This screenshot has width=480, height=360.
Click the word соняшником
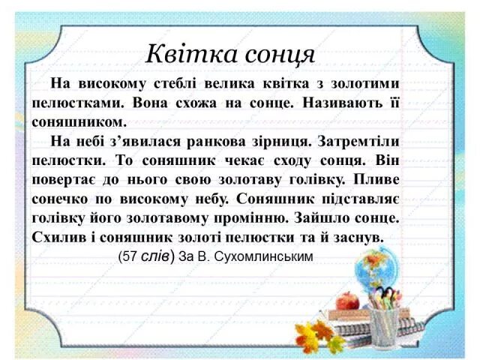[76, 121]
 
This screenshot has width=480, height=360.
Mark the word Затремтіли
[359, 141]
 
